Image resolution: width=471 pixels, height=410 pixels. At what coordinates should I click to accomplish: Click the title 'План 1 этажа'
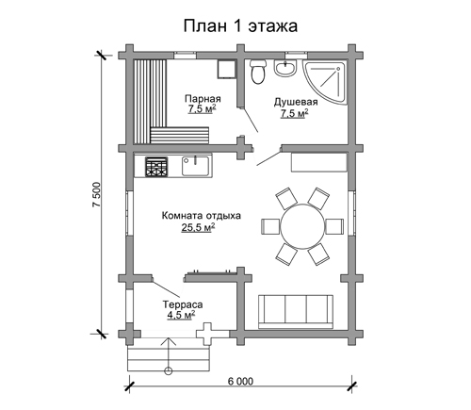tap(240, 26)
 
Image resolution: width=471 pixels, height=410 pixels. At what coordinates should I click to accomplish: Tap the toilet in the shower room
tap(258, 72)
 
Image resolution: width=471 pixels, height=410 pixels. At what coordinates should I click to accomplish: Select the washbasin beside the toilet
tap(285, 68)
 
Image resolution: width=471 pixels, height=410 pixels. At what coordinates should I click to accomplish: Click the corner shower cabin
tap(327, 82)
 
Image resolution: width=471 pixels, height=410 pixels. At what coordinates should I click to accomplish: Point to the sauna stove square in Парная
tap(226, 69)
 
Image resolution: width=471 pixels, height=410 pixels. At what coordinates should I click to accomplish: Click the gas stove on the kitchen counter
tap(156, 167)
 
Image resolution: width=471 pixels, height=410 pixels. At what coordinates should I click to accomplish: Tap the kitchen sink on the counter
tap(195, 166)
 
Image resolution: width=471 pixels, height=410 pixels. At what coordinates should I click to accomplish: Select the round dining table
tap(302, 226)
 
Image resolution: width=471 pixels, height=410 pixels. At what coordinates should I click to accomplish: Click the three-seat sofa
tap(296, 312)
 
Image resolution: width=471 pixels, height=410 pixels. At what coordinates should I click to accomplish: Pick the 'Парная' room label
tap(203, 99)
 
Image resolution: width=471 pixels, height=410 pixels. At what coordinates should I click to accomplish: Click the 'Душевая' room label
tap(296, 102)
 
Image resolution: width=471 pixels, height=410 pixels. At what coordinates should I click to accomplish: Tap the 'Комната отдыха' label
tap(202, 216)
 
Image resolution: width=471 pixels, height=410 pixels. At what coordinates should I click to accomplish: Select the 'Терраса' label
tap(183, 304)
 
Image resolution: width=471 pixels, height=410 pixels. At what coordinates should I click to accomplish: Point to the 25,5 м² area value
tap(198, 227)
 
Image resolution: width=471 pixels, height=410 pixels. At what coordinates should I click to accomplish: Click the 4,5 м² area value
tap(181, 315)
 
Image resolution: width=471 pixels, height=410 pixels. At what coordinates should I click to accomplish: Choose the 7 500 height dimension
tap(96, 194)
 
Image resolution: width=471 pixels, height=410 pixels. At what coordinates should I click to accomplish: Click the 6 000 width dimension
tap(240, 382)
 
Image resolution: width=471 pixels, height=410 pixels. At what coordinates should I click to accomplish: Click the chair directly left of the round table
tap(271, 226)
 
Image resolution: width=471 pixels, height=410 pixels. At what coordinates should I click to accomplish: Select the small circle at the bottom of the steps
tap(169, 371)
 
